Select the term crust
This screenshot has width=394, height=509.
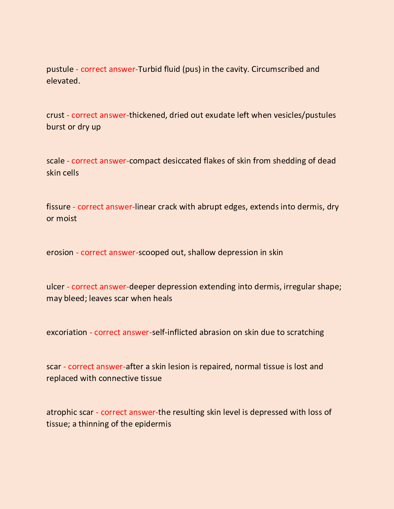(x=55, y=115)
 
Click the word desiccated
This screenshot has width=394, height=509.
(x=182, y=161)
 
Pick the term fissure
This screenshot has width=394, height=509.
(x=58, y=207)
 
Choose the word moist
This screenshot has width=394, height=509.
(x=66, y=218)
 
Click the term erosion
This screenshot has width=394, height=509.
(x=60, y=252)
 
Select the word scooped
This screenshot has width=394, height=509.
(x=154, y=252)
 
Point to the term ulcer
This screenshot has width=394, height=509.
(x=55, y=287)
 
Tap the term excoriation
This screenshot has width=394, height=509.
(x=67, y=332)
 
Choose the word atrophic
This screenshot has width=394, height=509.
(x=61, y=412)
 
